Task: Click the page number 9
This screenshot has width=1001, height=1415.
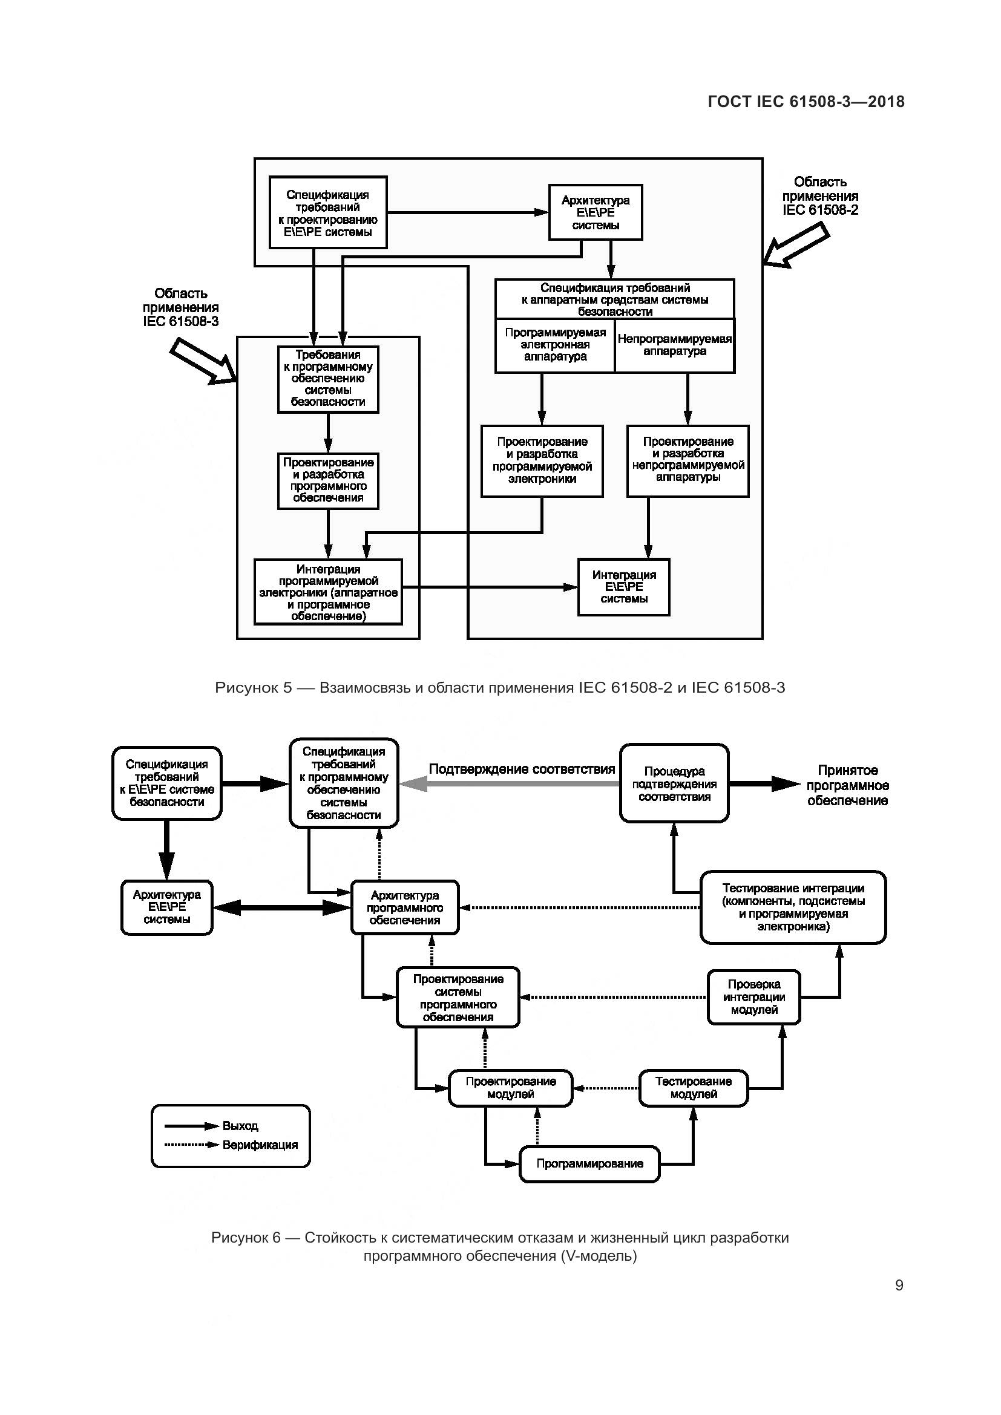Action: pos(899,1285)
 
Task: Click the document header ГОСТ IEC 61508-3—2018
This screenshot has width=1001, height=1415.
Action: pos(806,102)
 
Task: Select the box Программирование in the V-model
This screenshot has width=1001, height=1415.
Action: pos(589,1163)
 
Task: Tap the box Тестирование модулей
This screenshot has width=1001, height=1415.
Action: pos(694,1088)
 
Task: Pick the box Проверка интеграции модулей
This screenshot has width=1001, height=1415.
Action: pos(754,997)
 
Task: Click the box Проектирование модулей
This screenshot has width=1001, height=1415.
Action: pos(510,1088)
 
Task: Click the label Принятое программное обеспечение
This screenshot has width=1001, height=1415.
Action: pos(847,785)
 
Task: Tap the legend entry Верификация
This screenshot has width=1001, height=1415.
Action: pos(260,1145)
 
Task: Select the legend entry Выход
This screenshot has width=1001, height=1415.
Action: pos(240,1125)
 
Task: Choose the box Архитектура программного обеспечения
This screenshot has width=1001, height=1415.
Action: pos(405,908)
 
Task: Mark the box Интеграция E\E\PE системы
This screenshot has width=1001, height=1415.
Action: pos(624,587)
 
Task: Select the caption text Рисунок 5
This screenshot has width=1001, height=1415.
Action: pos(254,688)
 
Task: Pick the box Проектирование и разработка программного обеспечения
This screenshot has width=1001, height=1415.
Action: pos(328,480)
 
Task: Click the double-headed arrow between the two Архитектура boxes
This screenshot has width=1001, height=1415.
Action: pos(281,907)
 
